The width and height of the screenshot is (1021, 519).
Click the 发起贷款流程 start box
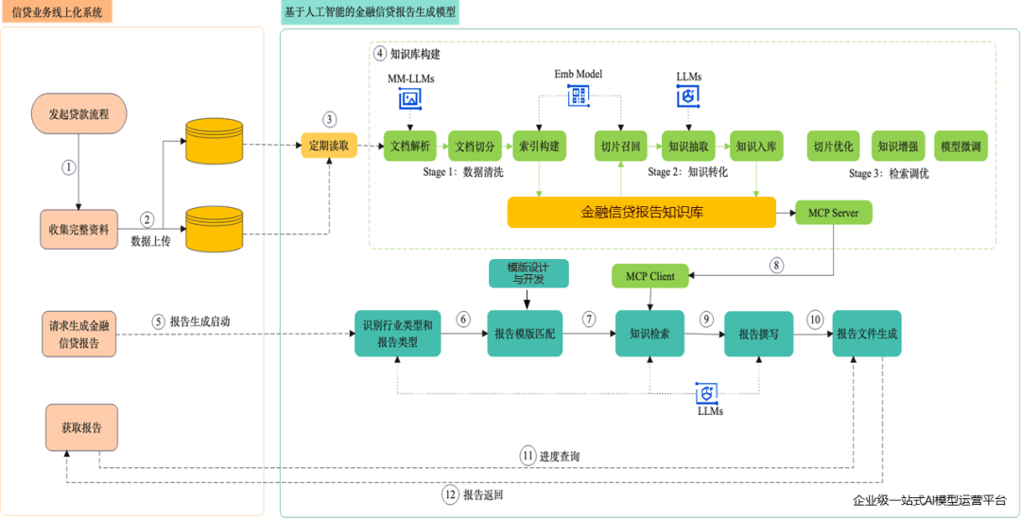click(78, 113)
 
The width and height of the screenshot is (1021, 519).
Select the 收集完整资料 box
click(78, 229)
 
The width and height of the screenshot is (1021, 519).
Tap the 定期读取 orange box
click(329, 147)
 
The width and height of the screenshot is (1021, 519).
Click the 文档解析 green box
click(409, 147)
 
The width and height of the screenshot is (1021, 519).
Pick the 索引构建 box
click(539, 147)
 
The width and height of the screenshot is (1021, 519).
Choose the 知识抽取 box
click(686, 147)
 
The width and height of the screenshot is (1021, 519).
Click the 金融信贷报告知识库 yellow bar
click(641, 213)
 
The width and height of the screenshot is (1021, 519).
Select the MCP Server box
click(833, 213)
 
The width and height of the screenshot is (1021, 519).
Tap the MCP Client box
click(650, 276)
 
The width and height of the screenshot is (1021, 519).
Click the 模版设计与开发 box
click(528, 272)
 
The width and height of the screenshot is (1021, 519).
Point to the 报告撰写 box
click(758, 334)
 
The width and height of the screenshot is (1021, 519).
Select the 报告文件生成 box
click(866, 334)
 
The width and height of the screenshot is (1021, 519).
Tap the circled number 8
click(777, 266)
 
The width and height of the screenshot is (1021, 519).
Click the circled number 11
click(528, 456)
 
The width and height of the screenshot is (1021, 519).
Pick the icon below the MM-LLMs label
click(410, 98)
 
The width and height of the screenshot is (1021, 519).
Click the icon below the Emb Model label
click(578, 95)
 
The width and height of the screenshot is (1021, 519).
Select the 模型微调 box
click(961, 147)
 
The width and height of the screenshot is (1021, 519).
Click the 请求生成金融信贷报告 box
click(78, 334)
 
